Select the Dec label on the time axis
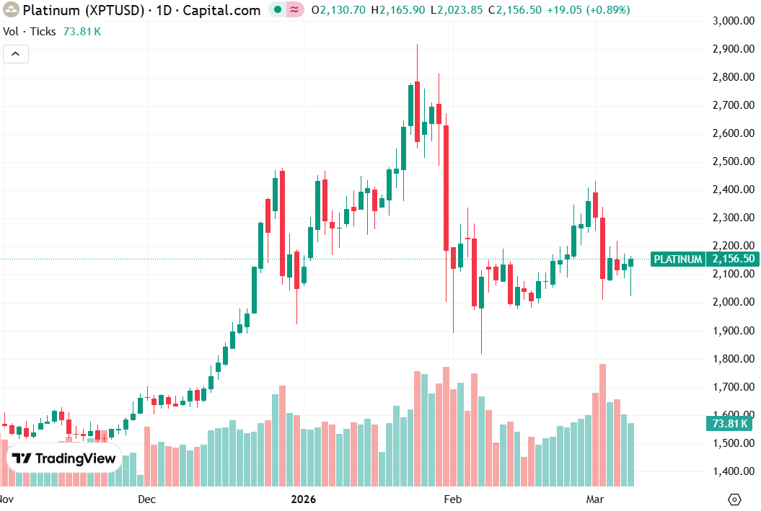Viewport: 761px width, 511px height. (x=146, y=499)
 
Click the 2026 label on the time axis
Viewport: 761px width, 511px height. (x=303, y=499)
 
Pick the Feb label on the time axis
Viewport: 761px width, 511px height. (x=452, y=499)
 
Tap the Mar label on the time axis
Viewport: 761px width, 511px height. (x=595, y=499)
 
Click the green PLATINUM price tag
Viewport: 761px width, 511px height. (x=677, y=259)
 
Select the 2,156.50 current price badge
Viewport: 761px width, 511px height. (x=732, y=259)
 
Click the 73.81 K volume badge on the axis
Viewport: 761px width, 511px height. (x=729, y=424)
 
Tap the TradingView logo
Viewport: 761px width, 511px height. (x=64, y=458)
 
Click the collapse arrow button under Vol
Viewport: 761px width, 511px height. (x=16, y=54)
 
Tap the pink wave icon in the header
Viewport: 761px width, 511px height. (x=295, y=10)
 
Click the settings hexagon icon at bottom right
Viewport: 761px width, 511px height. (x=734, y=499)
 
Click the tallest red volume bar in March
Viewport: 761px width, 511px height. (x=602, y=425)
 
